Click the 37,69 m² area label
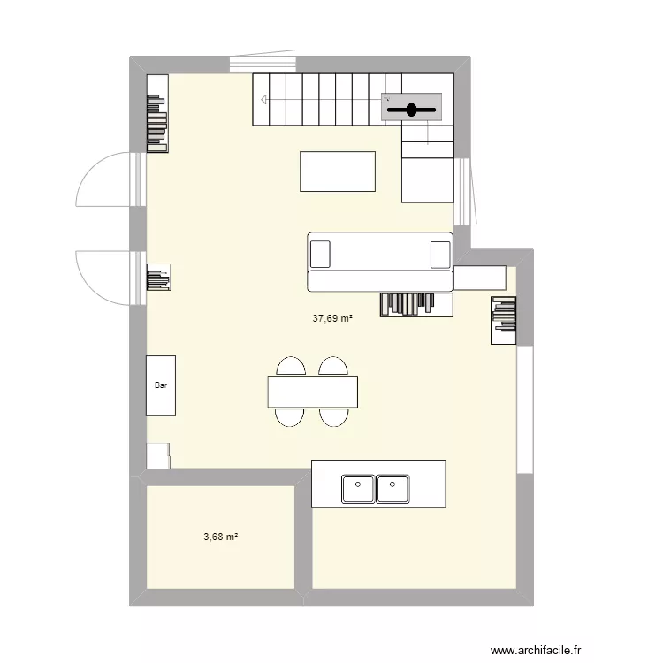pos(332,319)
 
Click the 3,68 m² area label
pos(222,537)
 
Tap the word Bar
pos(160,385)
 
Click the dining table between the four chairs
pos(313,392)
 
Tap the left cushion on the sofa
pos(320,254)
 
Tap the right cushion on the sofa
pos(439,254)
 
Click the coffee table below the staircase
pos(338,171)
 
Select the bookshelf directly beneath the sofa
pos(416,304)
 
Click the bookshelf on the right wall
pos(505,319)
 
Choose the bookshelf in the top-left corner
pos(157,112)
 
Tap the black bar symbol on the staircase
pos(412,110)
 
